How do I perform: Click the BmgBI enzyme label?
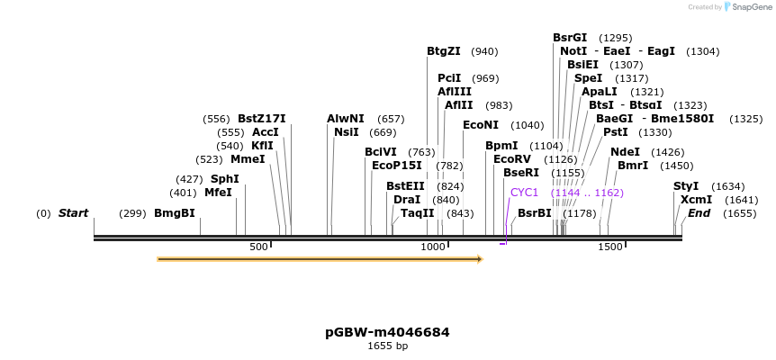tap(175, 213)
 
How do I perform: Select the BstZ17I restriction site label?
tap(261, 119)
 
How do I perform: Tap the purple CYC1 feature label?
tap(524, 193)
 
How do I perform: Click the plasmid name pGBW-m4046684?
tap(387, 332)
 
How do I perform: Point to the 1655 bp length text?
tap(387, 346)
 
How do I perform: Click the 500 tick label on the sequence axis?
tap(259, 247)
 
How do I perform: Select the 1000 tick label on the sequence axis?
tap(434, 247)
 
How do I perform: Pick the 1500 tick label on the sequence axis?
tap(609, 247)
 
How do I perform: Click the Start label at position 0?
tap(73, 213)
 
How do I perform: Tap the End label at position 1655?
tap(699, 213)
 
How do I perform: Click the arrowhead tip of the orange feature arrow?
tap(482, 259)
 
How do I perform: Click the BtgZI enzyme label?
tap(444, 51)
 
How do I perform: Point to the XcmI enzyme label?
tap(696, 200)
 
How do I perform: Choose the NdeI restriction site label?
tap(625, 152)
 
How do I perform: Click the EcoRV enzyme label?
tap(512, 159)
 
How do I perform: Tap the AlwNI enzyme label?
tap(346, 119)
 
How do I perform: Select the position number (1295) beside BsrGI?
tap(616, 38)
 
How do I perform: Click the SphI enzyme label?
tap(224, 179)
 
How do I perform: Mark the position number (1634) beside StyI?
tap(728, 186)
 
